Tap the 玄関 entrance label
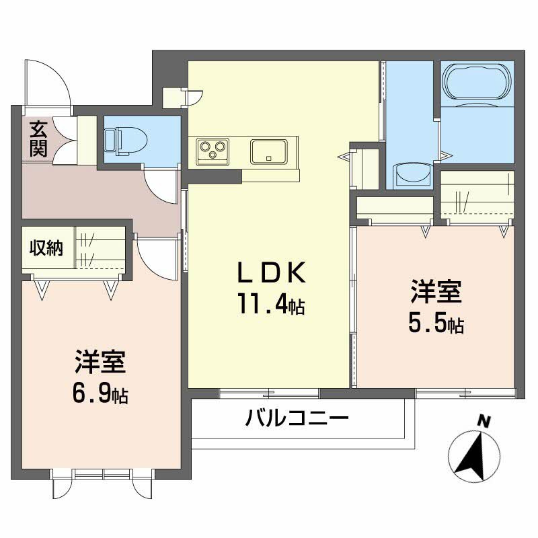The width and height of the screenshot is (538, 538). pyautogui.click(x=38, y=139)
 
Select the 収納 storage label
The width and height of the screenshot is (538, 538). pyautogui.click(x=46, y=248)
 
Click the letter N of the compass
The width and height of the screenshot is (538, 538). pyautogui.click(x=482, y=421)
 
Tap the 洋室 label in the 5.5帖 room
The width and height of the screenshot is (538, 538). pyautogui.click(x=436, y=295)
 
